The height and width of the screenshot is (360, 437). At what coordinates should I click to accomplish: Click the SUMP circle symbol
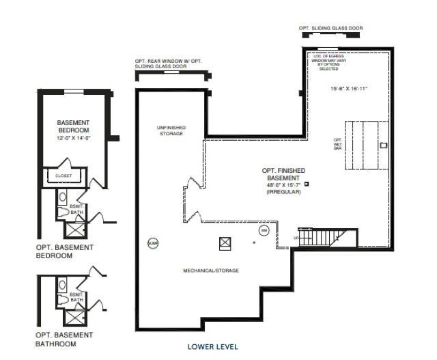[152, 242]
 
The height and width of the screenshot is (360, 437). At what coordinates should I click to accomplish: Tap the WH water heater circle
[263, 232]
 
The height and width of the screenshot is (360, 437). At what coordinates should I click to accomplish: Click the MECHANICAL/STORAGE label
[211, 271]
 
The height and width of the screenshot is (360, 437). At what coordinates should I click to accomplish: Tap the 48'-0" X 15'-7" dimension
[283, 185]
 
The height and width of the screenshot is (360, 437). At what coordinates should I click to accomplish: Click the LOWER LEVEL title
[213, 347]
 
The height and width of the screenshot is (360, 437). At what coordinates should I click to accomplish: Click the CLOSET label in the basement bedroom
[64, 176]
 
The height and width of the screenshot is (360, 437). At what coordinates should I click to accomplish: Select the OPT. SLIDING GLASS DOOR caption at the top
[330, 28]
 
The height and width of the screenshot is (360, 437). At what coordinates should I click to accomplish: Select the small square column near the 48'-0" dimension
[307, 183]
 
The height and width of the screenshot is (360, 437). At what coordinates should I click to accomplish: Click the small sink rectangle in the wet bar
[383, 144]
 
